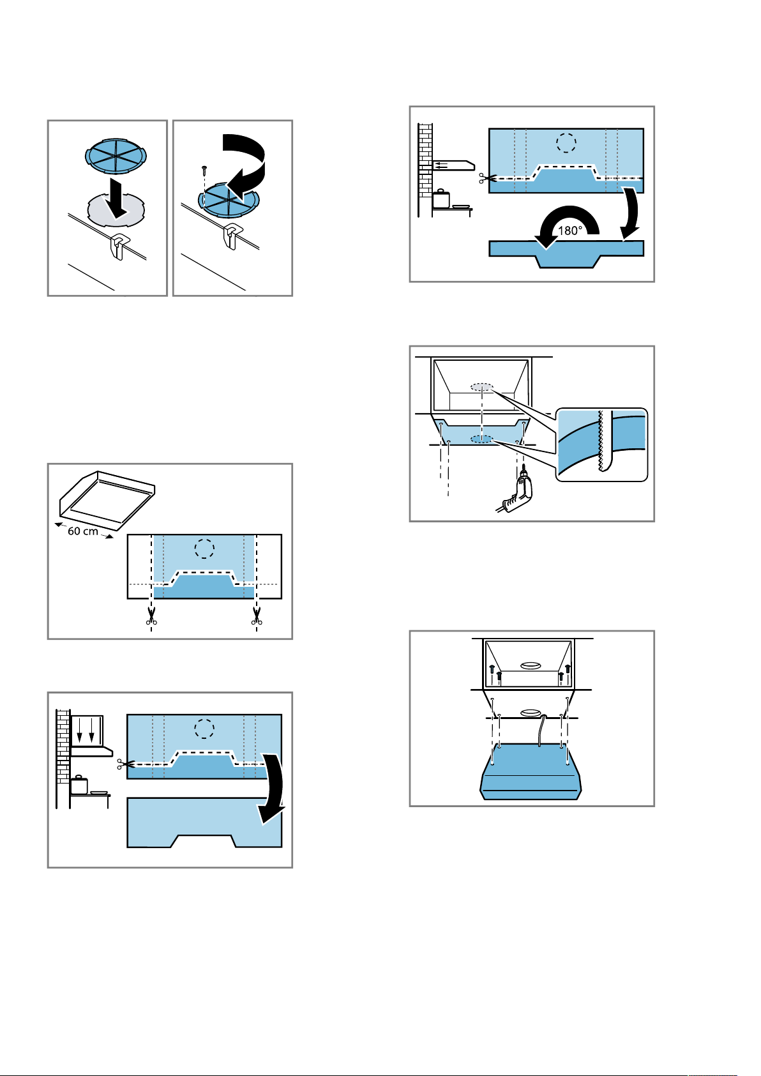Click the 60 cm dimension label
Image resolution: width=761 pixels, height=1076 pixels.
tap(83, 531)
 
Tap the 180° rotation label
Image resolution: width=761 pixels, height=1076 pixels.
tap(570, 231)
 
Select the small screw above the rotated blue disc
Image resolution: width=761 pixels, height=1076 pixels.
tap(204, 169)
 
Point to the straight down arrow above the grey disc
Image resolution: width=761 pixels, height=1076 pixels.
tap(117, 197)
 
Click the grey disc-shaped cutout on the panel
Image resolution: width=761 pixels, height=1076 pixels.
tap(116, 209)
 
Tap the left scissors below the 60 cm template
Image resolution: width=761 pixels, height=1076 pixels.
tap(151, 616)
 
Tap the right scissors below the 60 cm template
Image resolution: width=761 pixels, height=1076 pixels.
tap(257, 616)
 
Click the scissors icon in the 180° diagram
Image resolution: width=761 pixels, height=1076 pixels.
tap(486, 178)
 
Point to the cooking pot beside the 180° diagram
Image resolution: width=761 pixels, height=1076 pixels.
tap(441, 199)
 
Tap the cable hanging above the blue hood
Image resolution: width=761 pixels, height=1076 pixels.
tap(541, 730)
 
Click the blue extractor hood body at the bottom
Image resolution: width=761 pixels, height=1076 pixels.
tap(531, 771)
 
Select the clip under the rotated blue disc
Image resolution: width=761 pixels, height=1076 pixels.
tap(231, 236)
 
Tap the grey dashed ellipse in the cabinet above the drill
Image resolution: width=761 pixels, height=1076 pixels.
tap(481, 387)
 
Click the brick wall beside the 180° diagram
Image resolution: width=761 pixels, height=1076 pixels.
tap(425, 160)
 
